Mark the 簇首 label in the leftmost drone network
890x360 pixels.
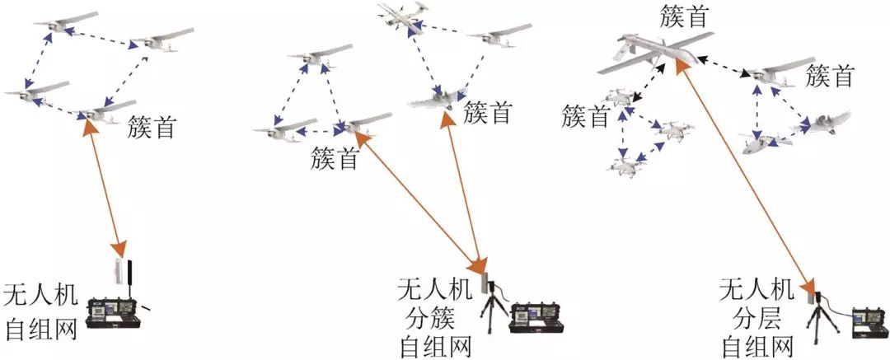[x=152, y=128]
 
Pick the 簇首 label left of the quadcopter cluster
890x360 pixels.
[x=586, y=116]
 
